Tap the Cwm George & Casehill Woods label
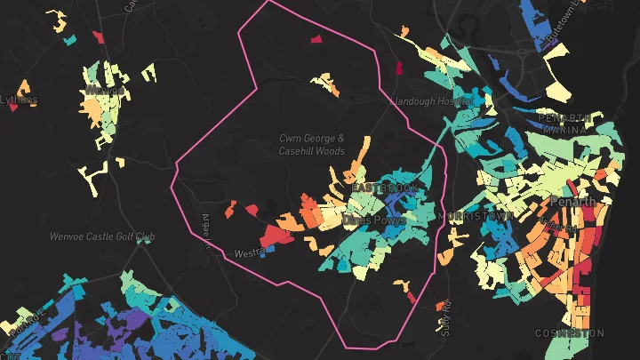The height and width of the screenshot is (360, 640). point(311,145)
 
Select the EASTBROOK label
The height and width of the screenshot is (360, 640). point(384,189)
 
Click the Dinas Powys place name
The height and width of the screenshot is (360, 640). point(374,219)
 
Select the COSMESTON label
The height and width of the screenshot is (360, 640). point(569,332)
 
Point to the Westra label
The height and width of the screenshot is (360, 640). point(248,253)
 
